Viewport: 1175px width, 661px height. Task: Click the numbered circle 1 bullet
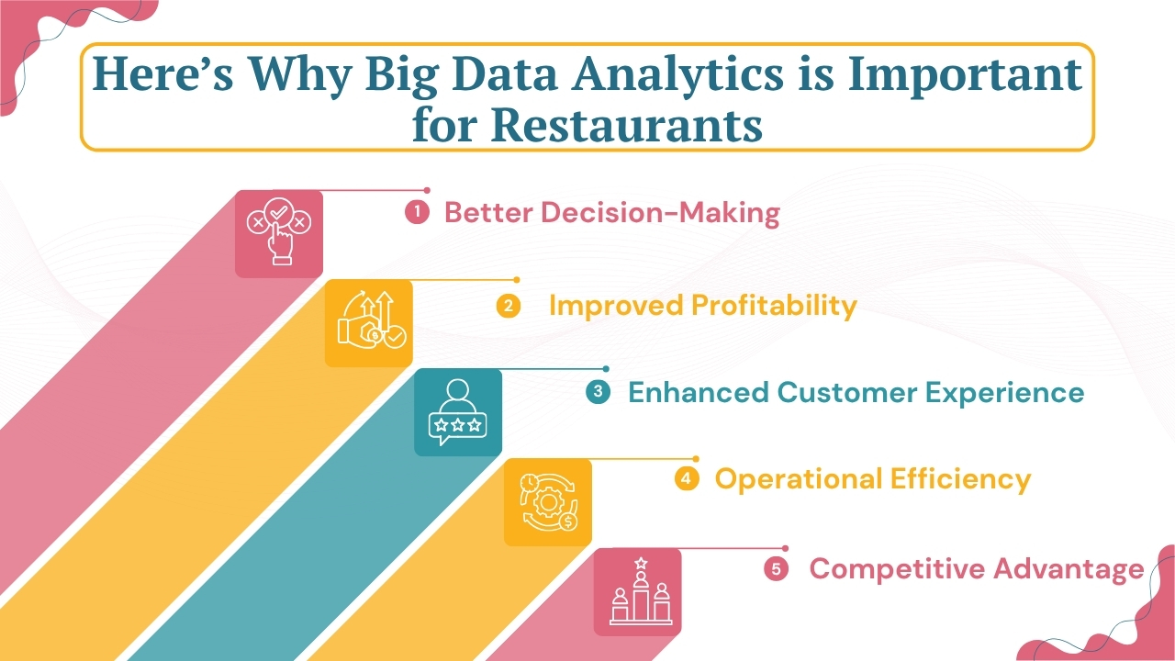417,212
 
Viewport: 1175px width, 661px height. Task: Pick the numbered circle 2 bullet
508,306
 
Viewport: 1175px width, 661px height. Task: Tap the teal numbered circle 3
598,392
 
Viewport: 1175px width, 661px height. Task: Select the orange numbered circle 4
687,478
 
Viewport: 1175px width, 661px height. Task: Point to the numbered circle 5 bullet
777,569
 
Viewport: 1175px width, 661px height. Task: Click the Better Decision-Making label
611,213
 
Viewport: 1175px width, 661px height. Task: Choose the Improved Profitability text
702,306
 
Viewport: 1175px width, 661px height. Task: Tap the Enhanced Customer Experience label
856,393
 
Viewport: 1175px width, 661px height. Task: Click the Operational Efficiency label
872,479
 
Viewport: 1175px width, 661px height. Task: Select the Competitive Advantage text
976,569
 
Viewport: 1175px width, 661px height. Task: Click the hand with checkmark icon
278,233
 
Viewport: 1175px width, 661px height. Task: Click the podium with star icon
637,591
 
